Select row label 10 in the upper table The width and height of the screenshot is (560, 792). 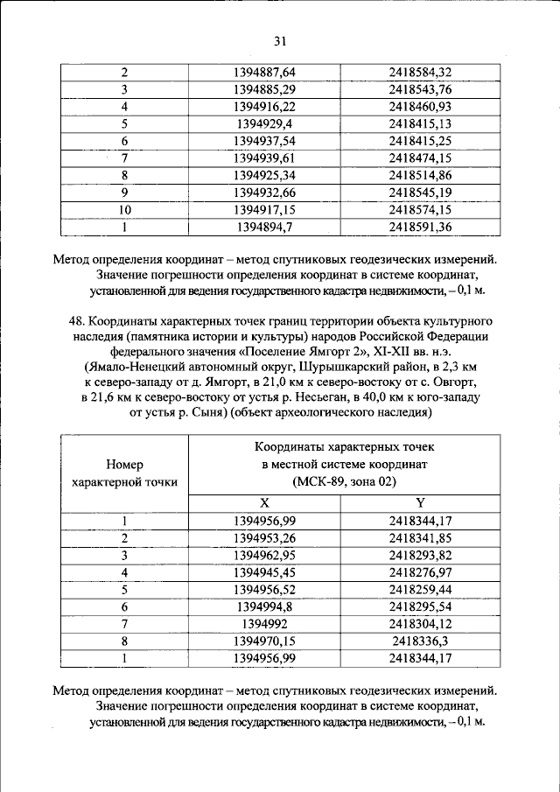pos(124,211)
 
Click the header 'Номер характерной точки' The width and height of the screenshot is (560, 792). pos(124,473)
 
